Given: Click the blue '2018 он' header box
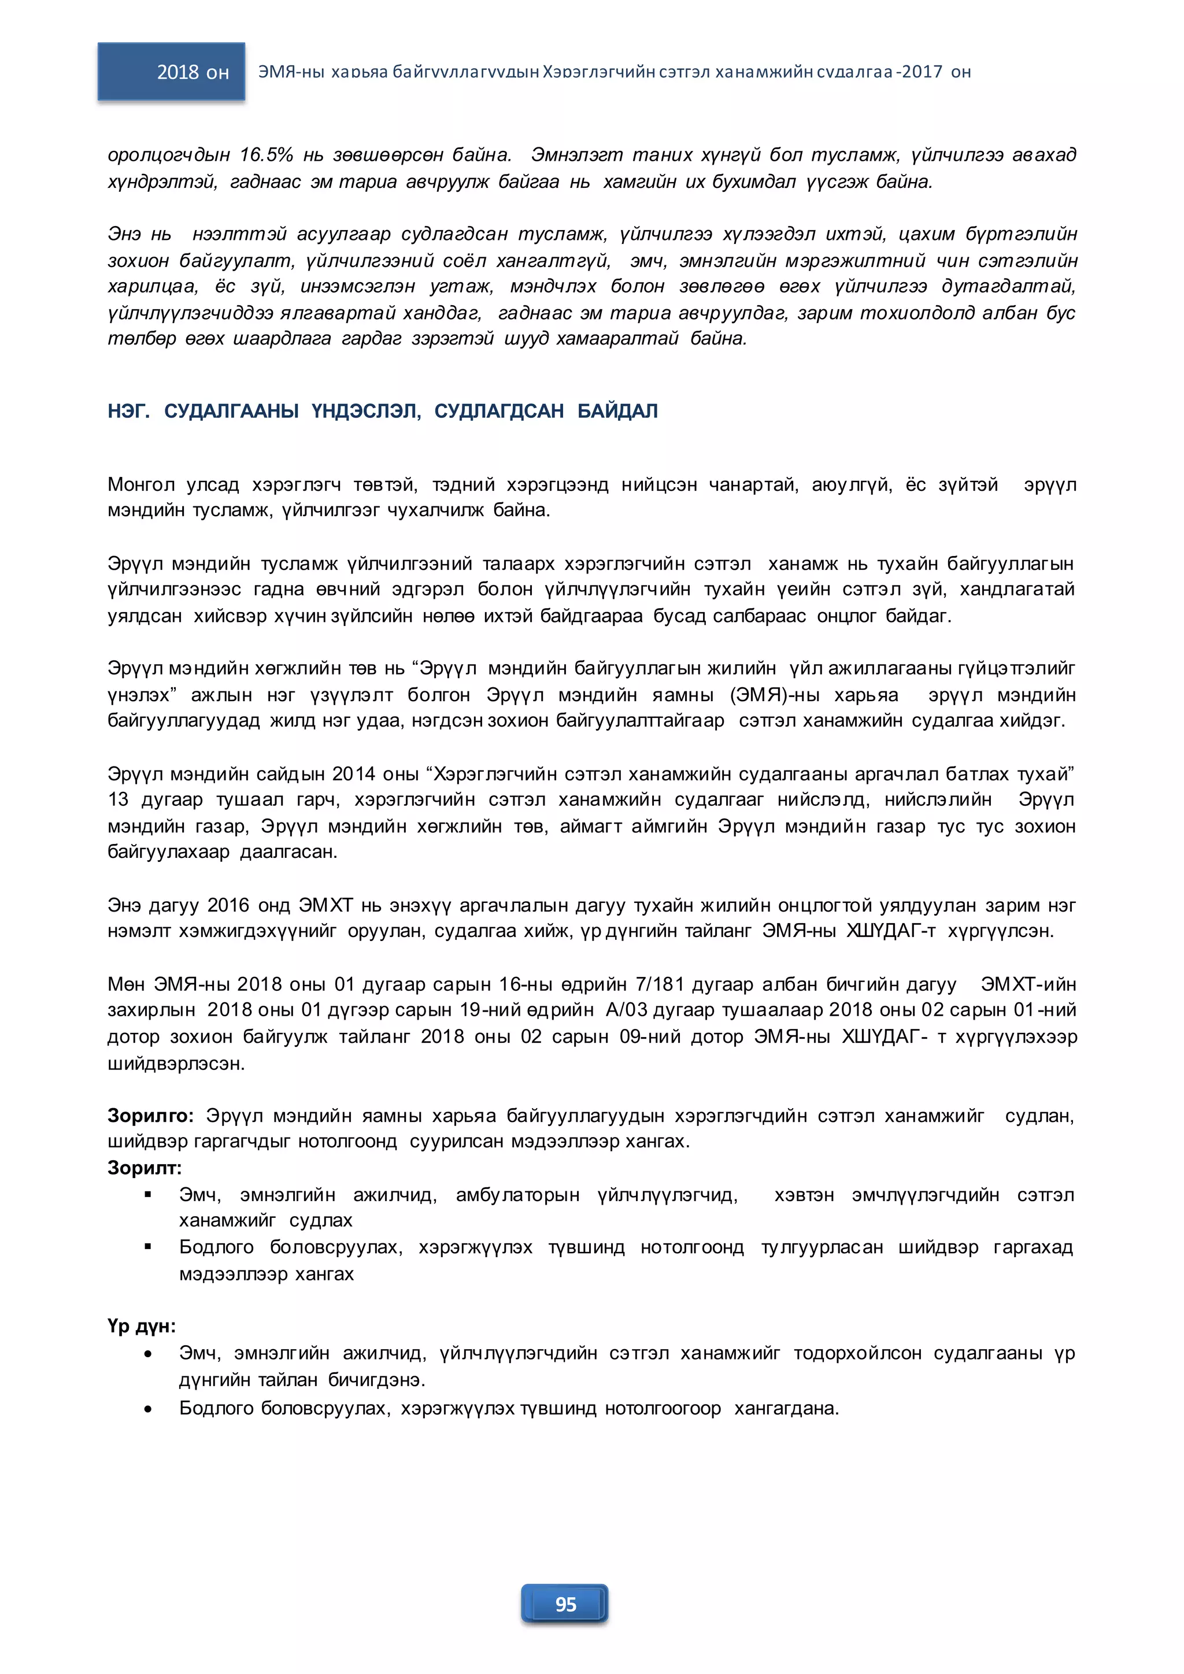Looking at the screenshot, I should tap(171, 72).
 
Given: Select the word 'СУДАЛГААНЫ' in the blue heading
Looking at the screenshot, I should tap(231, 411).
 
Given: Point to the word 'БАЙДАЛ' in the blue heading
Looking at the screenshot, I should tap(617, 411).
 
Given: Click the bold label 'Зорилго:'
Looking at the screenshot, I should tap(150, 1116).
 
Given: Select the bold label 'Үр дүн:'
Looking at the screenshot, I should tap(142, 1326).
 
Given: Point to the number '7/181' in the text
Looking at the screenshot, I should tap(660, 984).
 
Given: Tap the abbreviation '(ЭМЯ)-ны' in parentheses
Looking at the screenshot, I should tap(776, 695).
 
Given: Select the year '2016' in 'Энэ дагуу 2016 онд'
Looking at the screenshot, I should tap(228, 906).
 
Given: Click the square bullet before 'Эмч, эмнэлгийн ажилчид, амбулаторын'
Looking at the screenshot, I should tap(148, 1195).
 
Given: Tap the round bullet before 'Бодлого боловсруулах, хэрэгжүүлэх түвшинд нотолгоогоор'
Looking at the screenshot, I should tap(148, 1409).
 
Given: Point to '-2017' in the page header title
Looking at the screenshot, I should tap(921, 72).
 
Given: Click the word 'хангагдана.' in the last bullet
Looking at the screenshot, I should tap(787, 1409).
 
